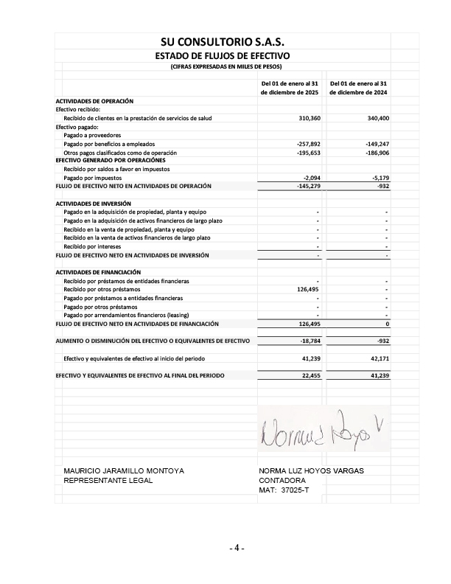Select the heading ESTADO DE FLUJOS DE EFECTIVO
tap(222, 56)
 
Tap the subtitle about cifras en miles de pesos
tap(222, 67)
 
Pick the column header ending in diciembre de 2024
tap(359, 88)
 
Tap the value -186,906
tap(377, 153)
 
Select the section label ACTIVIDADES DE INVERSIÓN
tap(94, 203)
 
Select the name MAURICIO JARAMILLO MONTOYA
tap(124, 470)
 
